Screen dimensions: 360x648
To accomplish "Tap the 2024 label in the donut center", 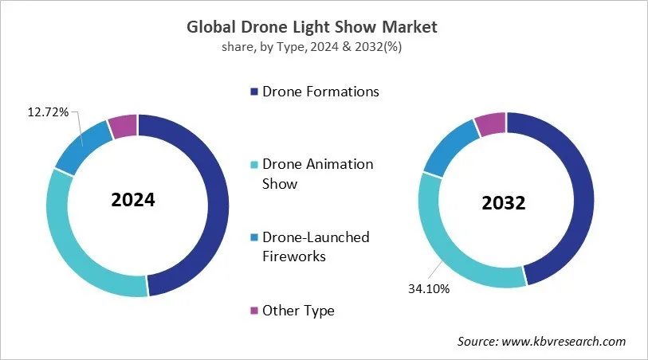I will [x=133, y=200].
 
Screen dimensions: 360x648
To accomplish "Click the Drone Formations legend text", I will [x=320, y=92].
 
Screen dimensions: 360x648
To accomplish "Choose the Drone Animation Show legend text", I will [x=317, y=174].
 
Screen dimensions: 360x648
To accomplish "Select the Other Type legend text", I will [x=298, y=311].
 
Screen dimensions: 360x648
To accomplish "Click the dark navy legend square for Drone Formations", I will [x=254, y=92].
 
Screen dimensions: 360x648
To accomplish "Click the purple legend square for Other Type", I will [x=254, y=311].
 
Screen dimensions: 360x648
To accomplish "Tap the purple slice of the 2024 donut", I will [x=124, y=126].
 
